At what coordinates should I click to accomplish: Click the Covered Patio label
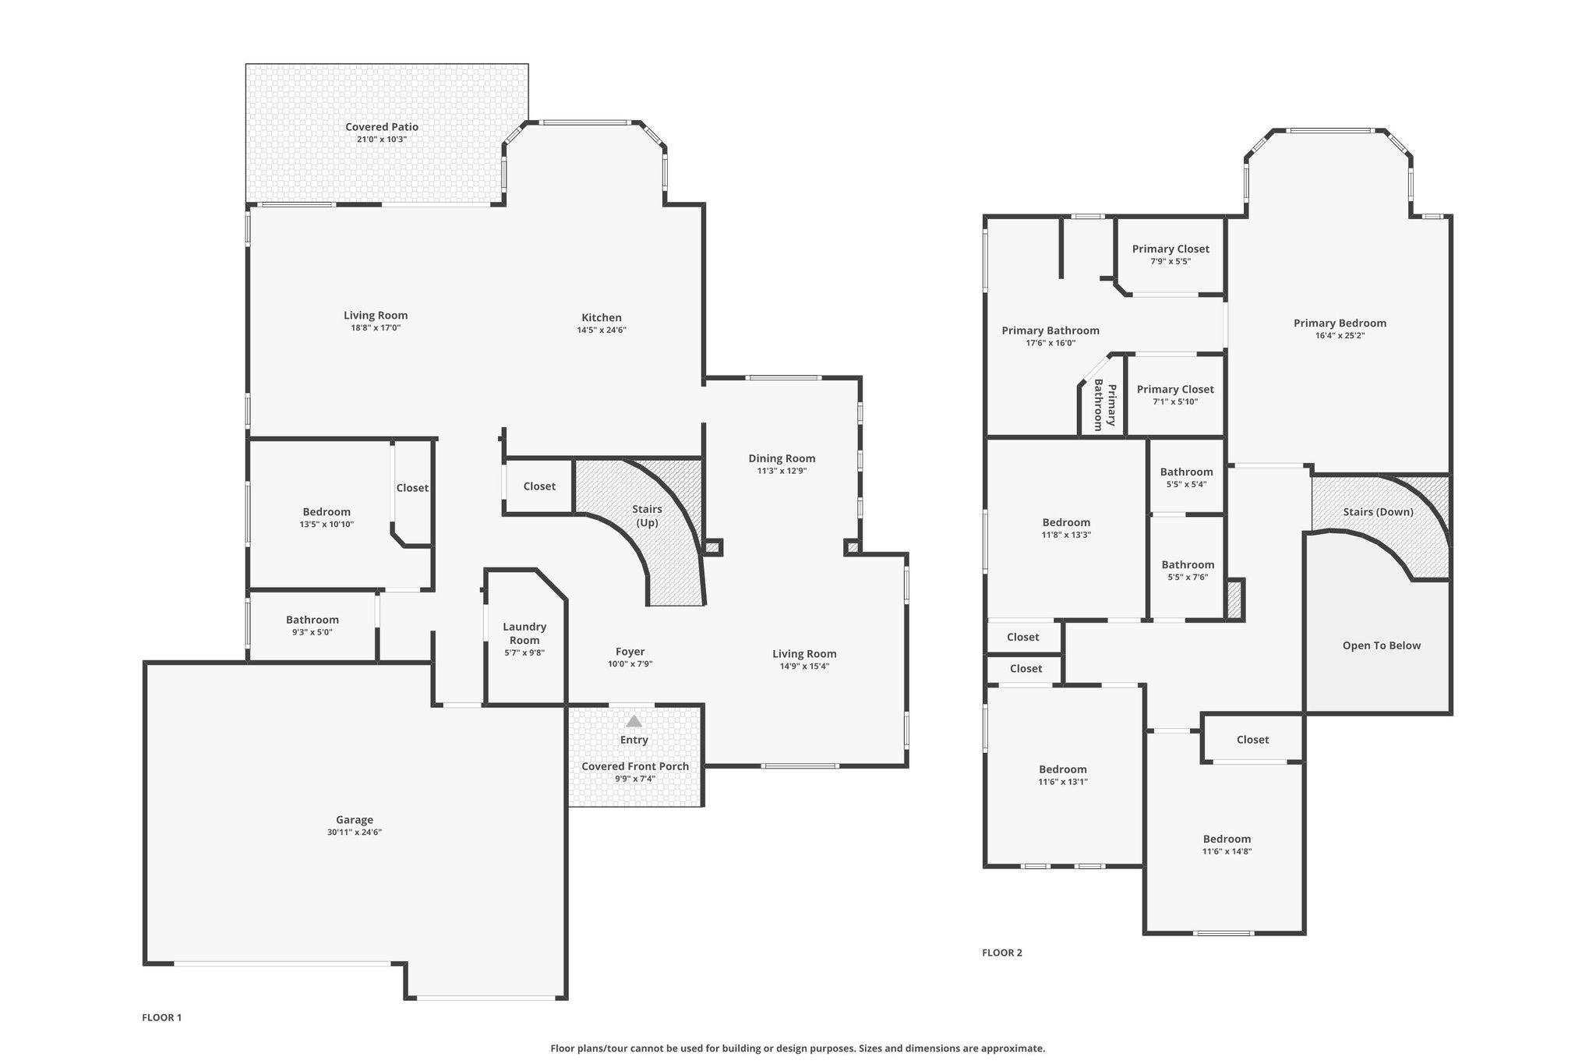coord(382,127)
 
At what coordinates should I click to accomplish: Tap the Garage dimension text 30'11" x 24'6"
coord(355,832)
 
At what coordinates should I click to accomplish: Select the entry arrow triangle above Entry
coord(634,721)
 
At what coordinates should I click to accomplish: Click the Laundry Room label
coord(524,634)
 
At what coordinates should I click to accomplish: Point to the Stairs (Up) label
coord(648,516)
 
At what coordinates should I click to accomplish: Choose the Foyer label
coord(630,652)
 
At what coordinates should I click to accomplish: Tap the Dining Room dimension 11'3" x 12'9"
coord(782,471)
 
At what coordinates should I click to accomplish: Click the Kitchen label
coord(602,317)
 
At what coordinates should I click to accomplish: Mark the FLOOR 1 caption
coord(162,1017)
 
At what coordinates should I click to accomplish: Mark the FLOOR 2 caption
coord(1002,953)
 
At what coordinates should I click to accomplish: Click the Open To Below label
coord(1382,645)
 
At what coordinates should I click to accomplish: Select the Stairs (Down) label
coord(1379,512)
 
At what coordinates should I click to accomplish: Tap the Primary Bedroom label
coord(1340,323)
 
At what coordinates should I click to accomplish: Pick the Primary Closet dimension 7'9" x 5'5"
coord(1171,262)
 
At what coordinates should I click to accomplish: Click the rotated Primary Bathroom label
coord(1105,405)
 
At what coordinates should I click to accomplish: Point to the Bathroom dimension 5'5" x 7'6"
coord(1188,578)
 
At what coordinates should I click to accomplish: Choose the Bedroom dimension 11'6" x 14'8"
coord(1227,852)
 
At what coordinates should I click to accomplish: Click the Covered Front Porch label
coord(635,766)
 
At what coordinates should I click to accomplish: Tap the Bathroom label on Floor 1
coord(312,620)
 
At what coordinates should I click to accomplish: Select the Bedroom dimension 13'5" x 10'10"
coord(327,525)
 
